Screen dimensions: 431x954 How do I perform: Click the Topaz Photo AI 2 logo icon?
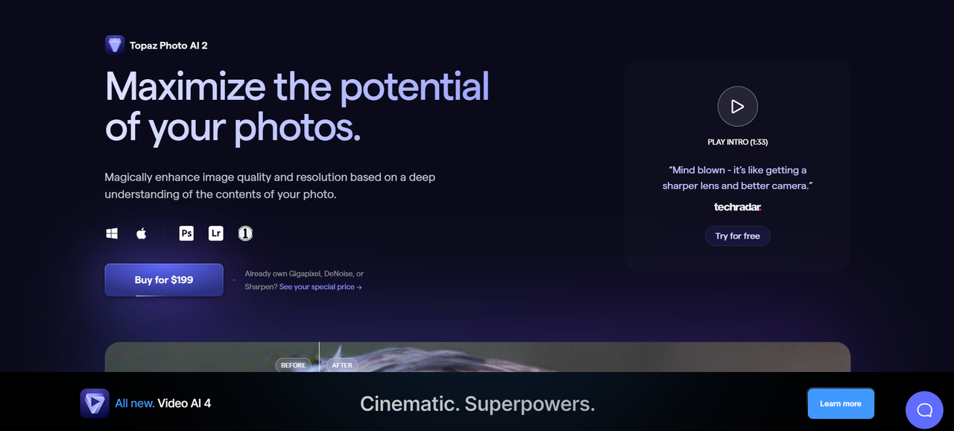[x=115, y=45]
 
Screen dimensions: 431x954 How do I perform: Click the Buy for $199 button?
[x=164, y=280]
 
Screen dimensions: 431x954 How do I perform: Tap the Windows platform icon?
[x=112, y=233]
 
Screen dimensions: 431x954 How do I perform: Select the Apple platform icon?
[x=141, y=233]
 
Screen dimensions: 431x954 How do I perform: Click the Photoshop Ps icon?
[x=186, y=233]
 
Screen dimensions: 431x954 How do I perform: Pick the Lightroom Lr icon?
[x=215, y=233]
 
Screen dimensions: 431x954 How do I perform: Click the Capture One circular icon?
[x=245, y=233]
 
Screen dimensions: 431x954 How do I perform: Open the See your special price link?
[x=320, y=287]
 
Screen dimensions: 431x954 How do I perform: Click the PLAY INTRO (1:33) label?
[x=737, y=142]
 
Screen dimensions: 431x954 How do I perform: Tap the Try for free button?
[x=737, y=236]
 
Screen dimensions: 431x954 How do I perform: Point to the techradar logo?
[x=737, y=207]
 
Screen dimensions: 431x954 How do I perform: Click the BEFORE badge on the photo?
[x=294, y=365]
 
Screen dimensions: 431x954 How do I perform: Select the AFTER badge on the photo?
[x=342, y=365]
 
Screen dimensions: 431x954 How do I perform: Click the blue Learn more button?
[x=840, y=403]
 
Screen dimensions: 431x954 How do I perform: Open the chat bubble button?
[x=924, y=409]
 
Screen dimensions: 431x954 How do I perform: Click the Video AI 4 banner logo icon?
[x=95, y=403]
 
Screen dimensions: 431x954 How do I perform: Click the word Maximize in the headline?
[x=185, y=86]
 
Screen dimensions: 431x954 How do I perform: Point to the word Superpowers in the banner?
[x=530, y=404]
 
